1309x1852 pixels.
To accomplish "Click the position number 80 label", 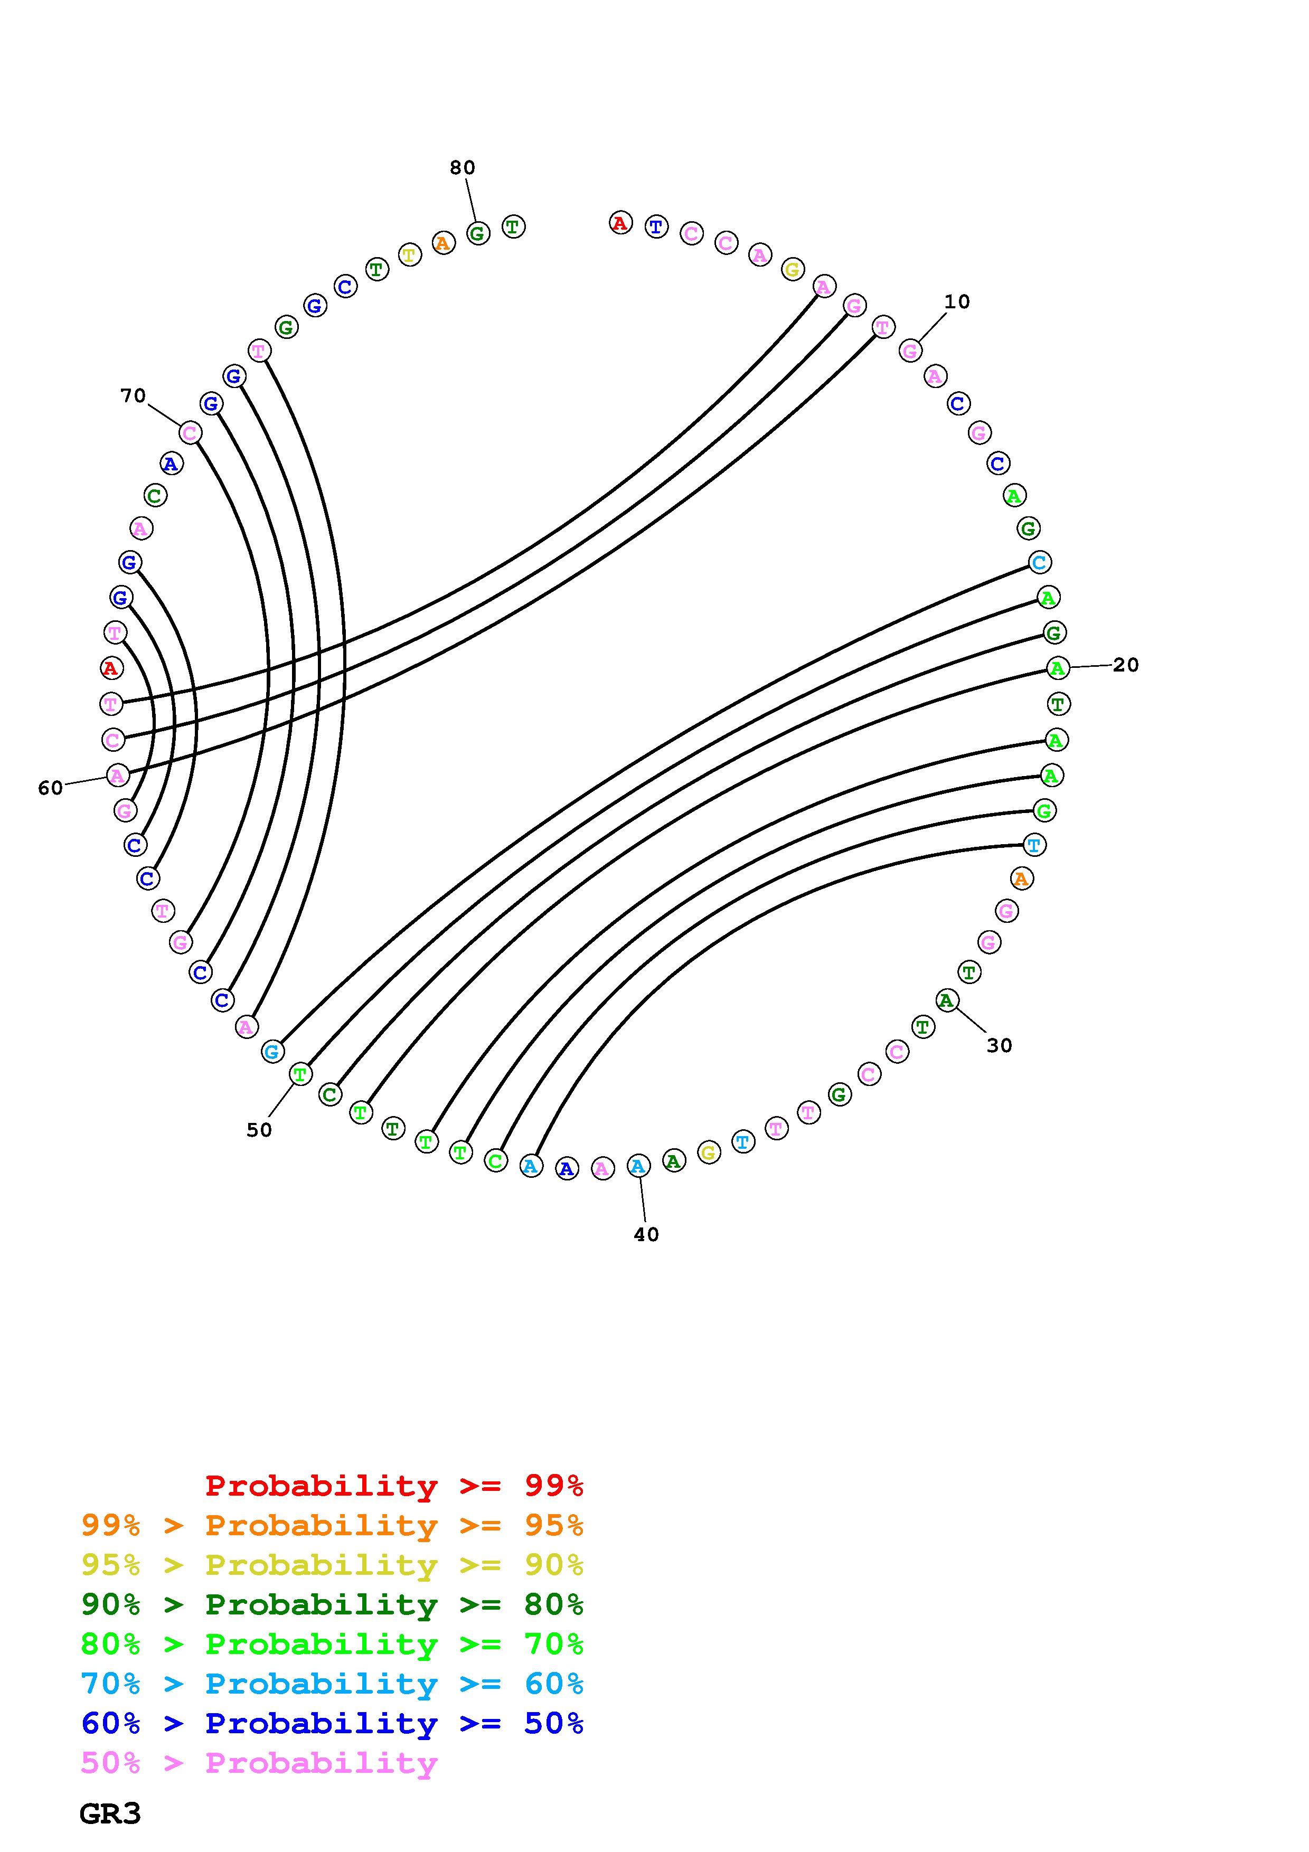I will pyautogui.click(x=462, y=168).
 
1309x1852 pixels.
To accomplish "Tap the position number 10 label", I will pyautogui.click(x=957, y=301).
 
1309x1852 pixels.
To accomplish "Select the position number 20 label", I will pyautogui.click(x=1125, y=665).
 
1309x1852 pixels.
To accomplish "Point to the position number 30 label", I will pyautogui.click(x=999, y=1045).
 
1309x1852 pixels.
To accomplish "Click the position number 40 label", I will pyautogui.click(x=646, y=1234).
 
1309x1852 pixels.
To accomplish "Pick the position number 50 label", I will pyautogui.click(x=259, y=1130).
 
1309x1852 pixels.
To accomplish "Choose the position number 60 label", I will pyautogui.click(x=50, y=788).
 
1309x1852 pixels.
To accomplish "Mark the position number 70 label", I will pyautogui.click(x=133, y=395).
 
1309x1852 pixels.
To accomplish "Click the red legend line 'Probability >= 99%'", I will pyautogui.click(x=393, y=1486).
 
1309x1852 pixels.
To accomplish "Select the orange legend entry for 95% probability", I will pyautogui.click(x=332, y=1525).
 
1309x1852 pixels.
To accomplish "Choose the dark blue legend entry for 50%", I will pyautogui.click(x=332, y=1723).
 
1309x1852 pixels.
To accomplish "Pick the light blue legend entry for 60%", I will pyautogui.click(x=332, y=1684).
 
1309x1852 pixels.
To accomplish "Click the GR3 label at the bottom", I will pyautogui.click(x=110, y=1814).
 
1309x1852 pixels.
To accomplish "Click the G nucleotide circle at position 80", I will pyautogui.click(x=477, y=234).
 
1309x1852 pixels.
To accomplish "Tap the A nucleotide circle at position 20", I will pyautogui.click(x=1057, y=668).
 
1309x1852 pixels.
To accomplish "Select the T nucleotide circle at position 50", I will pyautogui.click(x=300, y=1074).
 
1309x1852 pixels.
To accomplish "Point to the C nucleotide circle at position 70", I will pyautogui.click(x=190, y=433).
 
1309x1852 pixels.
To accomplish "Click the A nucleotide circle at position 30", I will pyautogui.click(x=946, y=1001).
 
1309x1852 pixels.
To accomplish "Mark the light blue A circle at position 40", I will pyautogui.click(x=638, y=1166).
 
